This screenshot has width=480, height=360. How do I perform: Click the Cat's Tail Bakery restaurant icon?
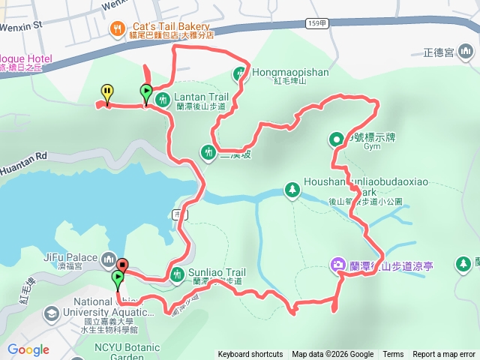pos(117,28)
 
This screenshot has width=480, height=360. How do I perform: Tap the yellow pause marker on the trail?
pos(107,92)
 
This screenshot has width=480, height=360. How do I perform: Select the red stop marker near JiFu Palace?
pos(122,264)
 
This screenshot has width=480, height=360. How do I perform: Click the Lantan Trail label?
pos(201,97)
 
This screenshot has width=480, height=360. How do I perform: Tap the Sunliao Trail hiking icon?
pos(178,274)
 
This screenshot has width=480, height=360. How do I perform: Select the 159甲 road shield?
pos(317,23)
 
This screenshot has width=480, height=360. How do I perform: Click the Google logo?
pos(28,349)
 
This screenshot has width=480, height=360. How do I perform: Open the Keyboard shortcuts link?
pos(250,355)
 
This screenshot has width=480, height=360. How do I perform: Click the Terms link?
pos(393,355)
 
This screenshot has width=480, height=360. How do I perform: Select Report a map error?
pos(444,355)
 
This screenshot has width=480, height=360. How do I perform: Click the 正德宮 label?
pos(438,53)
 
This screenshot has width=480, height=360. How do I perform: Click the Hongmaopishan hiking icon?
pos(240,73)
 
